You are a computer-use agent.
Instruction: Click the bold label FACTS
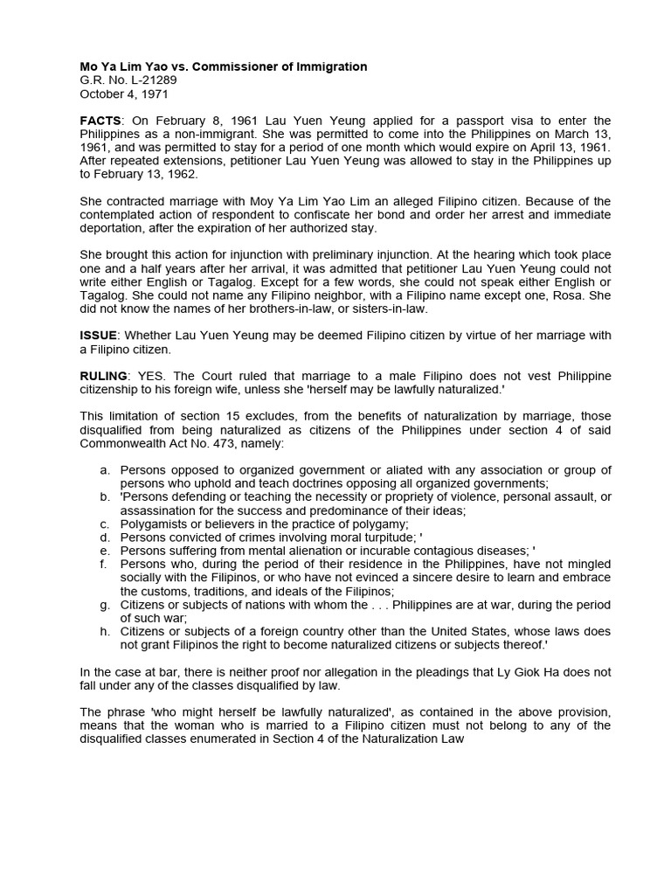[100, 121]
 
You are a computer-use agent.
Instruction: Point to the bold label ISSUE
[98, 336]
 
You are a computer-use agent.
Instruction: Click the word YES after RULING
[151, 376]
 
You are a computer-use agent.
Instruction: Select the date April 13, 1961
[571, 147]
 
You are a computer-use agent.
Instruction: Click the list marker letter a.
[105, 471]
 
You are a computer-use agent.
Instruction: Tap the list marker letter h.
[105, 631]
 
